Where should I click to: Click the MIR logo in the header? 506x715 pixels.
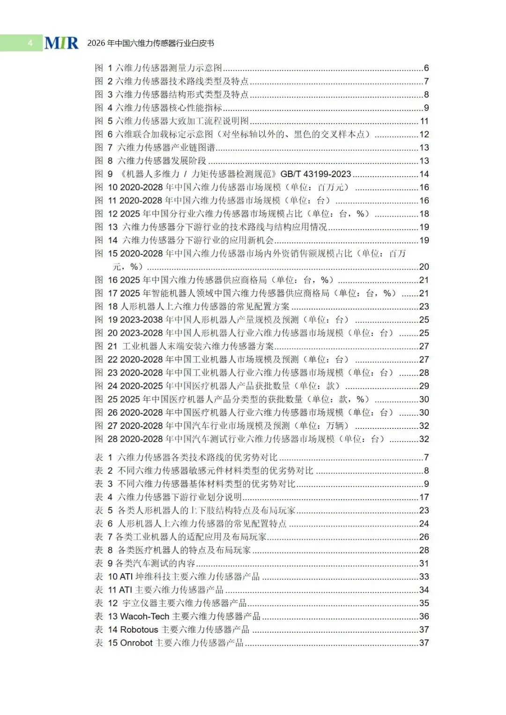click(61, 43)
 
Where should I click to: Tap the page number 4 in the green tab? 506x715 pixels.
click(30, 43)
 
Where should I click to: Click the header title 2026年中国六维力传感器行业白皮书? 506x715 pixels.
click(150, 43)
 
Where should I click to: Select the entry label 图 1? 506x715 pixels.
click(104, 68)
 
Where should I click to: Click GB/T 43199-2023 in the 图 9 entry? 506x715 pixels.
click(315, 174)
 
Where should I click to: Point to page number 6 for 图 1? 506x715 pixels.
click(426, 68)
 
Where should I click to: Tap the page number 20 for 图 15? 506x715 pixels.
click(424, 267)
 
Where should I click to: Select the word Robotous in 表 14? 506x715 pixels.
click(139, 630)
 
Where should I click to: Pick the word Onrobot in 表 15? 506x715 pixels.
click(136, 643)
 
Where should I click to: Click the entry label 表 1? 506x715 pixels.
click(104, 457)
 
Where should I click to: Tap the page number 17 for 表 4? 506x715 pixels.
click(424, 497)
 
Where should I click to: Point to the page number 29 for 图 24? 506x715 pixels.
click(424, 386)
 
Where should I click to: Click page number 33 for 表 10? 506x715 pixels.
click(424, 577)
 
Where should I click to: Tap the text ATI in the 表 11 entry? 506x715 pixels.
click(126, 590)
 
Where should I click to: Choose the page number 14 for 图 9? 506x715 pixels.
click(424, 174)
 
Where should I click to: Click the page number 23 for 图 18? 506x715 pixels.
click(424, 307)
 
